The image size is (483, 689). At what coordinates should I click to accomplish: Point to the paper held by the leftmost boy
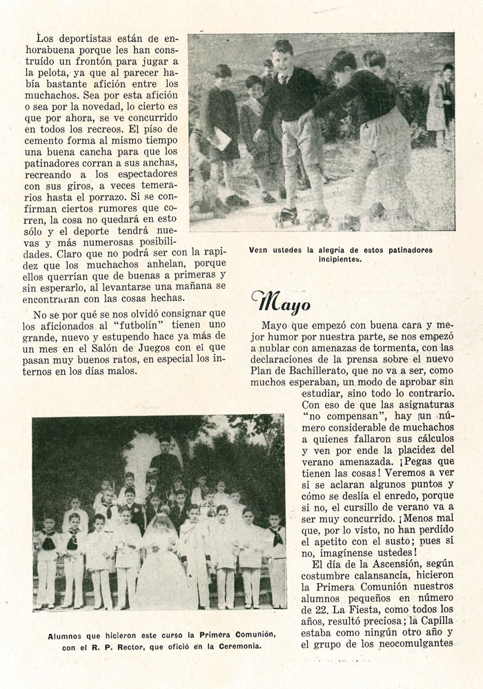pos(220,138)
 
